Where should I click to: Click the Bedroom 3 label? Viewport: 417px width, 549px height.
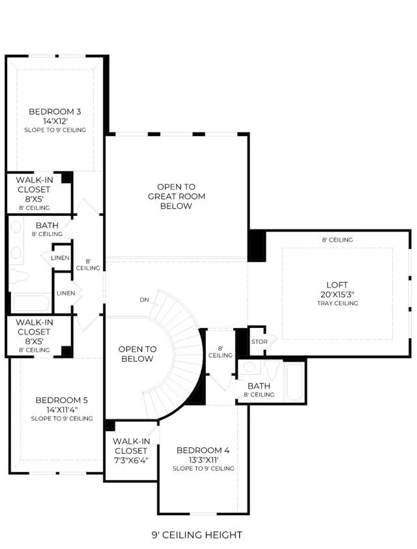tap(55, 111)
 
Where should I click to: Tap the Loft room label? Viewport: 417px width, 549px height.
tap(338, 285)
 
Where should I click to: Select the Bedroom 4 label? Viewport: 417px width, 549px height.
tap(203, 451)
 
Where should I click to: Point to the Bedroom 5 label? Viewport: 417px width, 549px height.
tap(61, 400)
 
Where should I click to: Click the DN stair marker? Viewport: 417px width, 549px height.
tap(144, 300)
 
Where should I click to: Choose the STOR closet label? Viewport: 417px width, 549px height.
tap(259, 342)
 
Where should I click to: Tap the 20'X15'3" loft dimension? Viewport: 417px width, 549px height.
tap(338, 295)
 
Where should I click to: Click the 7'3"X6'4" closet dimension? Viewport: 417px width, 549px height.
tap(131, 460)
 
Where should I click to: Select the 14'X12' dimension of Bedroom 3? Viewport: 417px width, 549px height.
tap(55, 121)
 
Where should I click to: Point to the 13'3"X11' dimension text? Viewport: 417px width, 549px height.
tap(203, 460)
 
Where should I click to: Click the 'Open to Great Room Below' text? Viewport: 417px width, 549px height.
tap(177, 196)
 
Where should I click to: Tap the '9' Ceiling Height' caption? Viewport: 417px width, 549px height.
tap(197, 535)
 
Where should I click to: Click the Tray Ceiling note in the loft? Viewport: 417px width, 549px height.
tap(338, 303)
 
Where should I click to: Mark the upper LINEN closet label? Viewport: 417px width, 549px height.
tap(60, 258)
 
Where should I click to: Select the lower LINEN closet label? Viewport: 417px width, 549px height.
tap(66, 293)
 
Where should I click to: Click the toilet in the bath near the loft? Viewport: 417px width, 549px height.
tap(272, 369)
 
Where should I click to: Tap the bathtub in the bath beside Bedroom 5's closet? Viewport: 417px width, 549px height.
tap(31, 303)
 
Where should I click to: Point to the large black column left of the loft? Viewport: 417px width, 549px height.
tap(257, 246)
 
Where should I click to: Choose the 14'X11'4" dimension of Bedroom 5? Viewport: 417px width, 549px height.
tap(61, 409)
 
